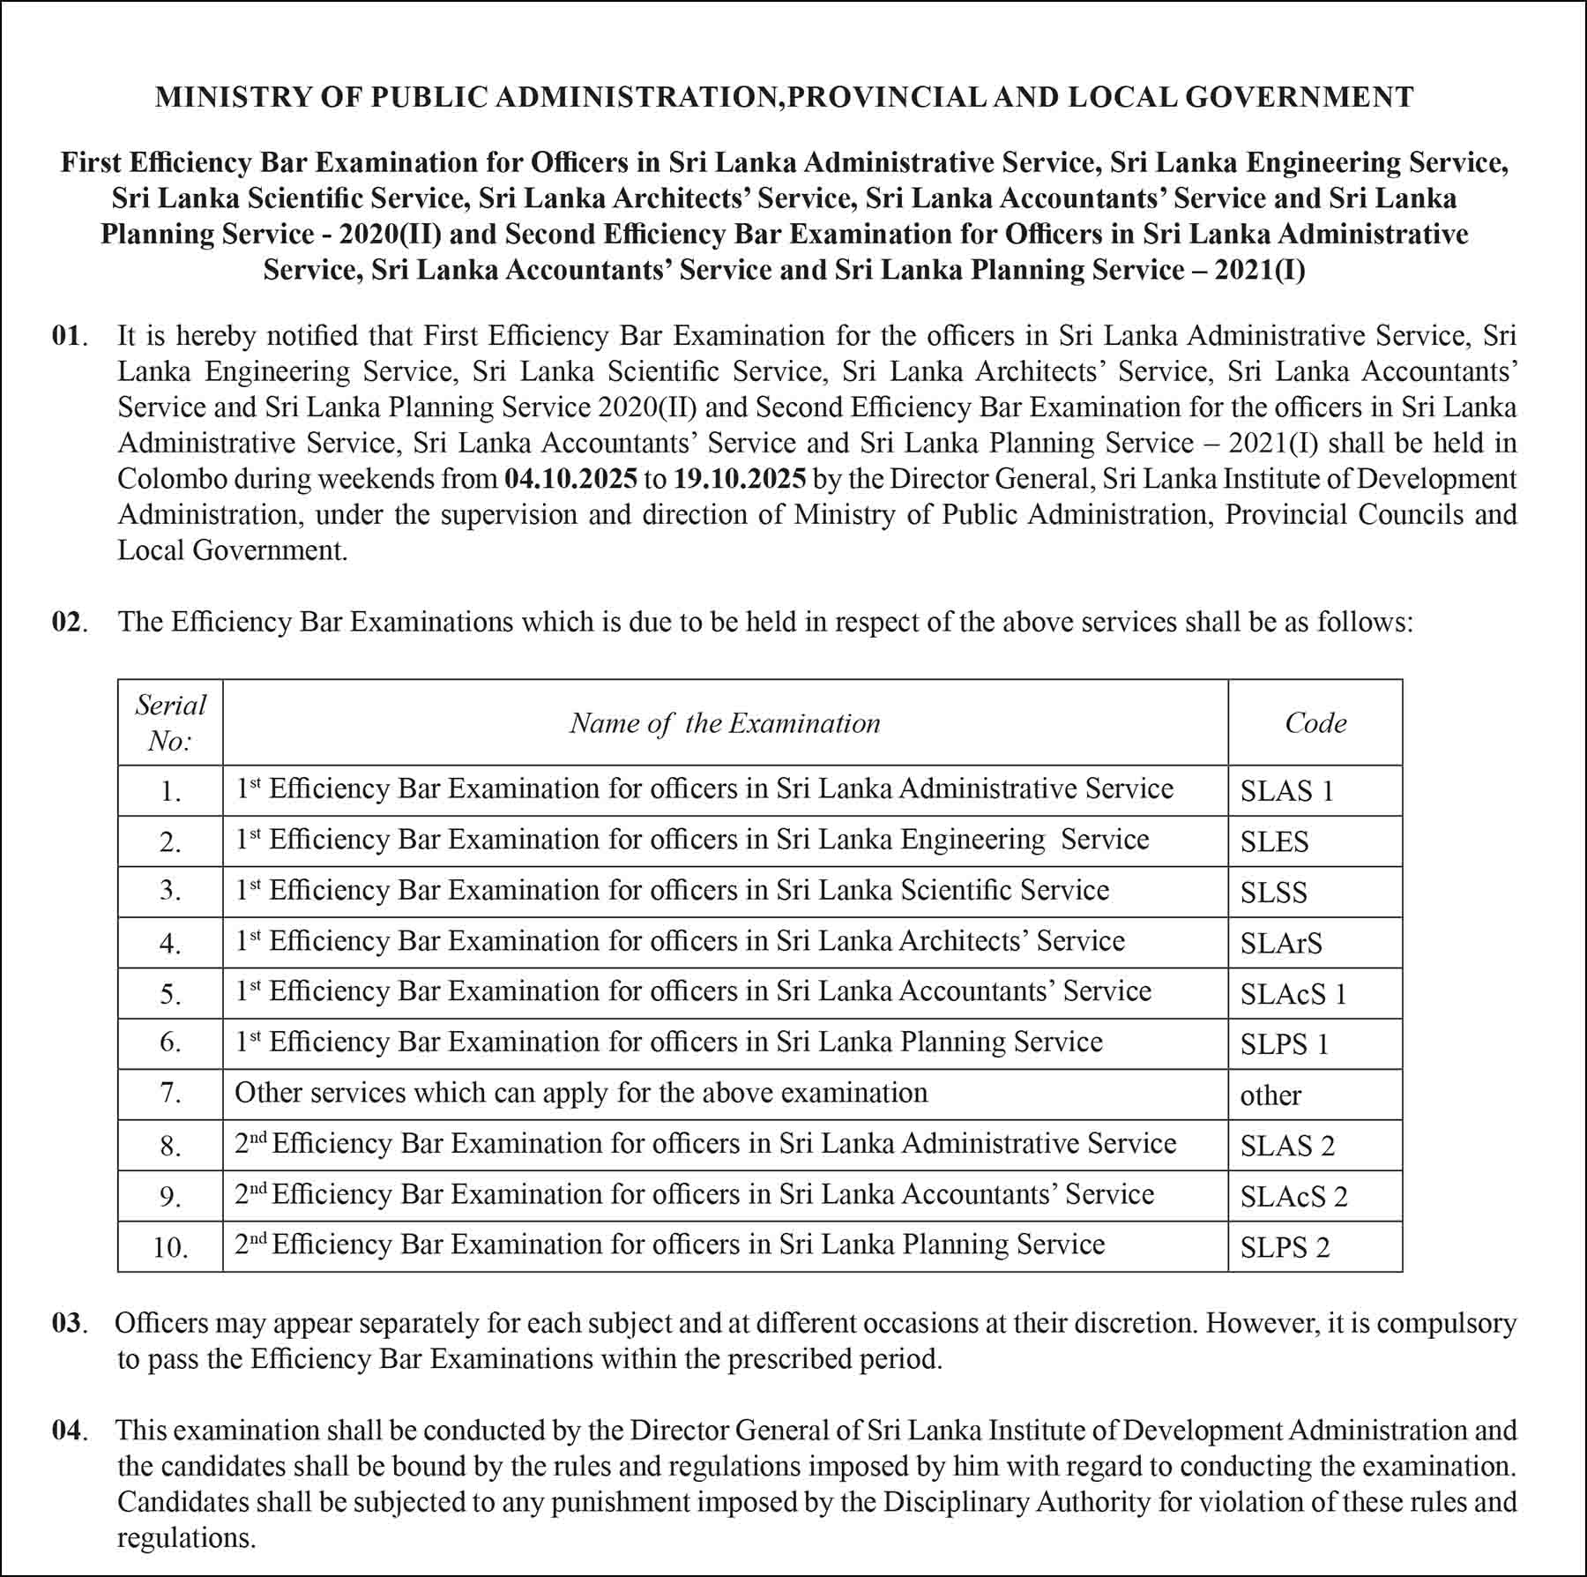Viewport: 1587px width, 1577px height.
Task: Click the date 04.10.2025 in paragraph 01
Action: (x=570, y=479)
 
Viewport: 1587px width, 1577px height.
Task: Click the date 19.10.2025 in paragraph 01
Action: (x=739, y=479)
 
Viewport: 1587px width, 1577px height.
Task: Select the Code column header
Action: (x=1315, y=723)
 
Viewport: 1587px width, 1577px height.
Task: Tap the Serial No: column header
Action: (x=170, y=722)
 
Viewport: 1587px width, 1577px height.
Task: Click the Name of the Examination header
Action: (x=725, y=723)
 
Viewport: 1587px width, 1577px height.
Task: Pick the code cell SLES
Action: (x=1274, y=842)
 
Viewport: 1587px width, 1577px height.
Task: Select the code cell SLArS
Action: (x=1281, y=944)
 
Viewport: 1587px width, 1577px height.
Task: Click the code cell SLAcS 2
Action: (x=1293, y=1197)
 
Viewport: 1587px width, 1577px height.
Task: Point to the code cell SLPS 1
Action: (x=1284, y=1045)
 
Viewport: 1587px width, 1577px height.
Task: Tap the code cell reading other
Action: (x=1270, y=1095)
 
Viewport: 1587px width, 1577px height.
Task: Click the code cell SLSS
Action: (x=1273, y=893)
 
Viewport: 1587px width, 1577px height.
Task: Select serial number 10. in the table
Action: (x=170, y=1247)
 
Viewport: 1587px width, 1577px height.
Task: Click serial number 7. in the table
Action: (x=170, y=1094)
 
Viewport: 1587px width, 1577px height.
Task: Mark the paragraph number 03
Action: (x=67, y=1323)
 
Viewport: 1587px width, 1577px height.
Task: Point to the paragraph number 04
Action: (x=67, y=1430)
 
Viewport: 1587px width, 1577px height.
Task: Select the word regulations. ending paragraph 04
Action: (x=186, y=1537)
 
